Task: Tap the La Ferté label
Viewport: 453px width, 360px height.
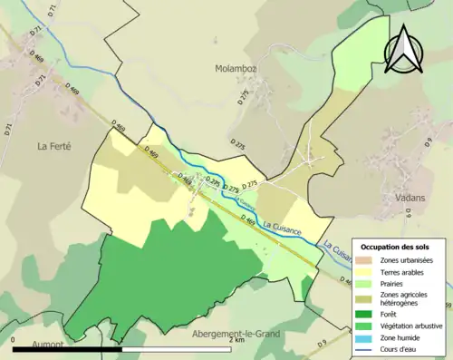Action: pyautogui.click(x=54, y=145)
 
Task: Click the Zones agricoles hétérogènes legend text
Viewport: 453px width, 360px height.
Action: pyautogui.click(x=409, y=298)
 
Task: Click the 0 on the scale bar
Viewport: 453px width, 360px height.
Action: pyautogui.click(x=14, y=341)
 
